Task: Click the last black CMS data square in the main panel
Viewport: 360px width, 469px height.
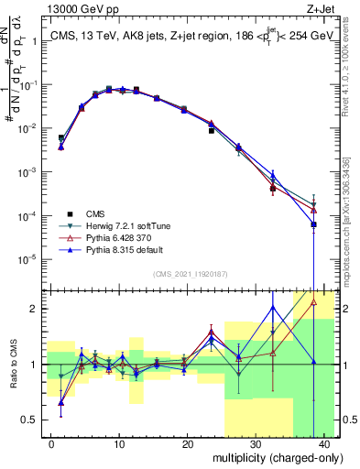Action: click(313, 224)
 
